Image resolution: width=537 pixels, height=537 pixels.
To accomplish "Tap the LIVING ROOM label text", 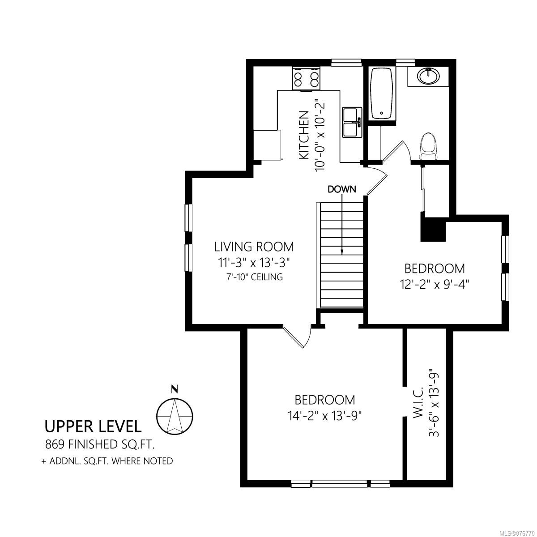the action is [254, 247].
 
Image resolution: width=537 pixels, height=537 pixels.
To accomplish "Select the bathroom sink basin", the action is [429, 76].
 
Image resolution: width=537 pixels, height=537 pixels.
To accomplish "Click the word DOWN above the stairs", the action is [342, 189].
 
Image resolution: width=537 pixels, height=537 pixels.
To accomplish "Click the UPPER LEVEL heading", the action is [93, 426].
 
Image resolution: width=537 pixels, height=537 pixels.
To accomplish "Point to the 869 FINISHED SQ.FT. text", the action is [100, 444].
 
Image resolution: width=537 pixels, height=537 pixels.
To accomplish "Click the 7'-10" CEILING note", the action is [254, 277].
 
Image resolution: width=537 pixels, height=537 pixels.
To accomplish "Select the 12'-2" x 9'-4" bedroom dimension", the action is [435, 285].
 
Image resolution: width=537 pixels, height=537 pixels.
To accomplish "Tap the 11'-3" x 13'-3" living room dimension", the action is [254, 263].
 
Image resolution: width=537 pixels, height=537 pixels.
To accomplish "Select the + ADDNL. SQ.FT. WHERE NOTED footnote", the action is [107, 461].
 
